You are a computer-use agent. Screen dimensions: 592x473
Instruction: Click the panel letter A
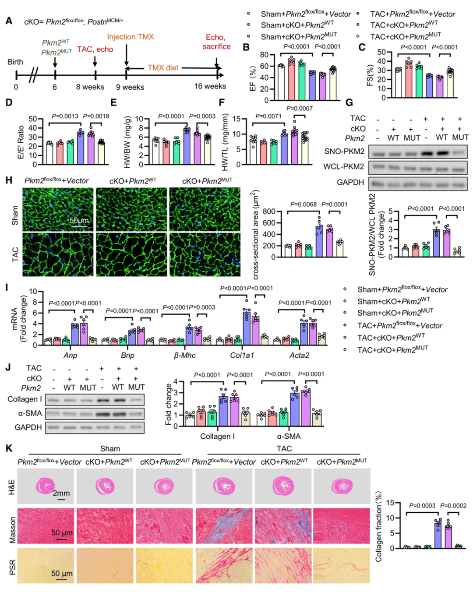[x=9, y=21]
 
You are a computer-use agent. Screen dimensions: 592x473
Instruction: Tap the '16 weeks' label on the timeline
[x=210, y=86]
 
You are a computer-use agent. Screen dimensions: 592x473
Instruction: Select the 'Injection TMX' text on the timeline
[x=131, y=37]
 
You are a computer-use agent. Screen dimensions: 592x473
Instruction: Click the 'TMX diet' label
[x=163, y=67]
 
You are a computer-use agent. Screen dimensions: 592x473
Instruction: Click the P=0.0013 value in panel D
[x=65, y=116]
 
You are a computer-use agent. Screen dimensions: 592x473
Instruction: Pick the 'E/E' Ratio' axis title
[x=20, y=142]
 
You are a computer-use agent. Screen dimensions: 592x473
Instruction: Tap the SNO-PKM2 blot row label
[x=344, y=152]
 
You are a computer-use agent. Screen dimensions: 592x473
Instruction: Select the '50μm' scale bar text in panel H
[x=79, y=220]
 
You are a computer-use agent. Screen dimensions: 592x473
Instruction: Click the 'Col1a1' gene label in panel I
[x=242, y=355]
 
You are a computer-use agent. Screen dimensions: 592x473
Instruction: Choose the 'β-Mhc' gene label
[x=184, y=355]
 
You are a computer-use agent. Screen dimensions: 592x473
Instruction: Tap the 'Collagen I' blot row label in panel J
[x=25, y=399]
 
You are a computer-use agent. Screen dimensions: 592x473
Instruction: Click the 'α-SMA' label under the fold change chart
[x=289, y=436]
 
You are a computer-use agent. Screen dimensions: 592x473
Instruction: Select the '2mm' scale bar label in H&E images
[x=61, y=493]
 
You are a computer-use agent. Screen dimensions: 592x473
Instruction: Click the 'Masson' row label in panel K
[x=12, y=530]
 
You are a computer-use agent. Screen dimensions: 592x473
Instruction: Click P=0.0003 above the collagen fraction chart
[x=422, y=506]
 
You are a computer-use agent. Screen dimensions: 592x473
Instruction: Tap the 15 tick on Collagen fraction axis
[x=391, y=503]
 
